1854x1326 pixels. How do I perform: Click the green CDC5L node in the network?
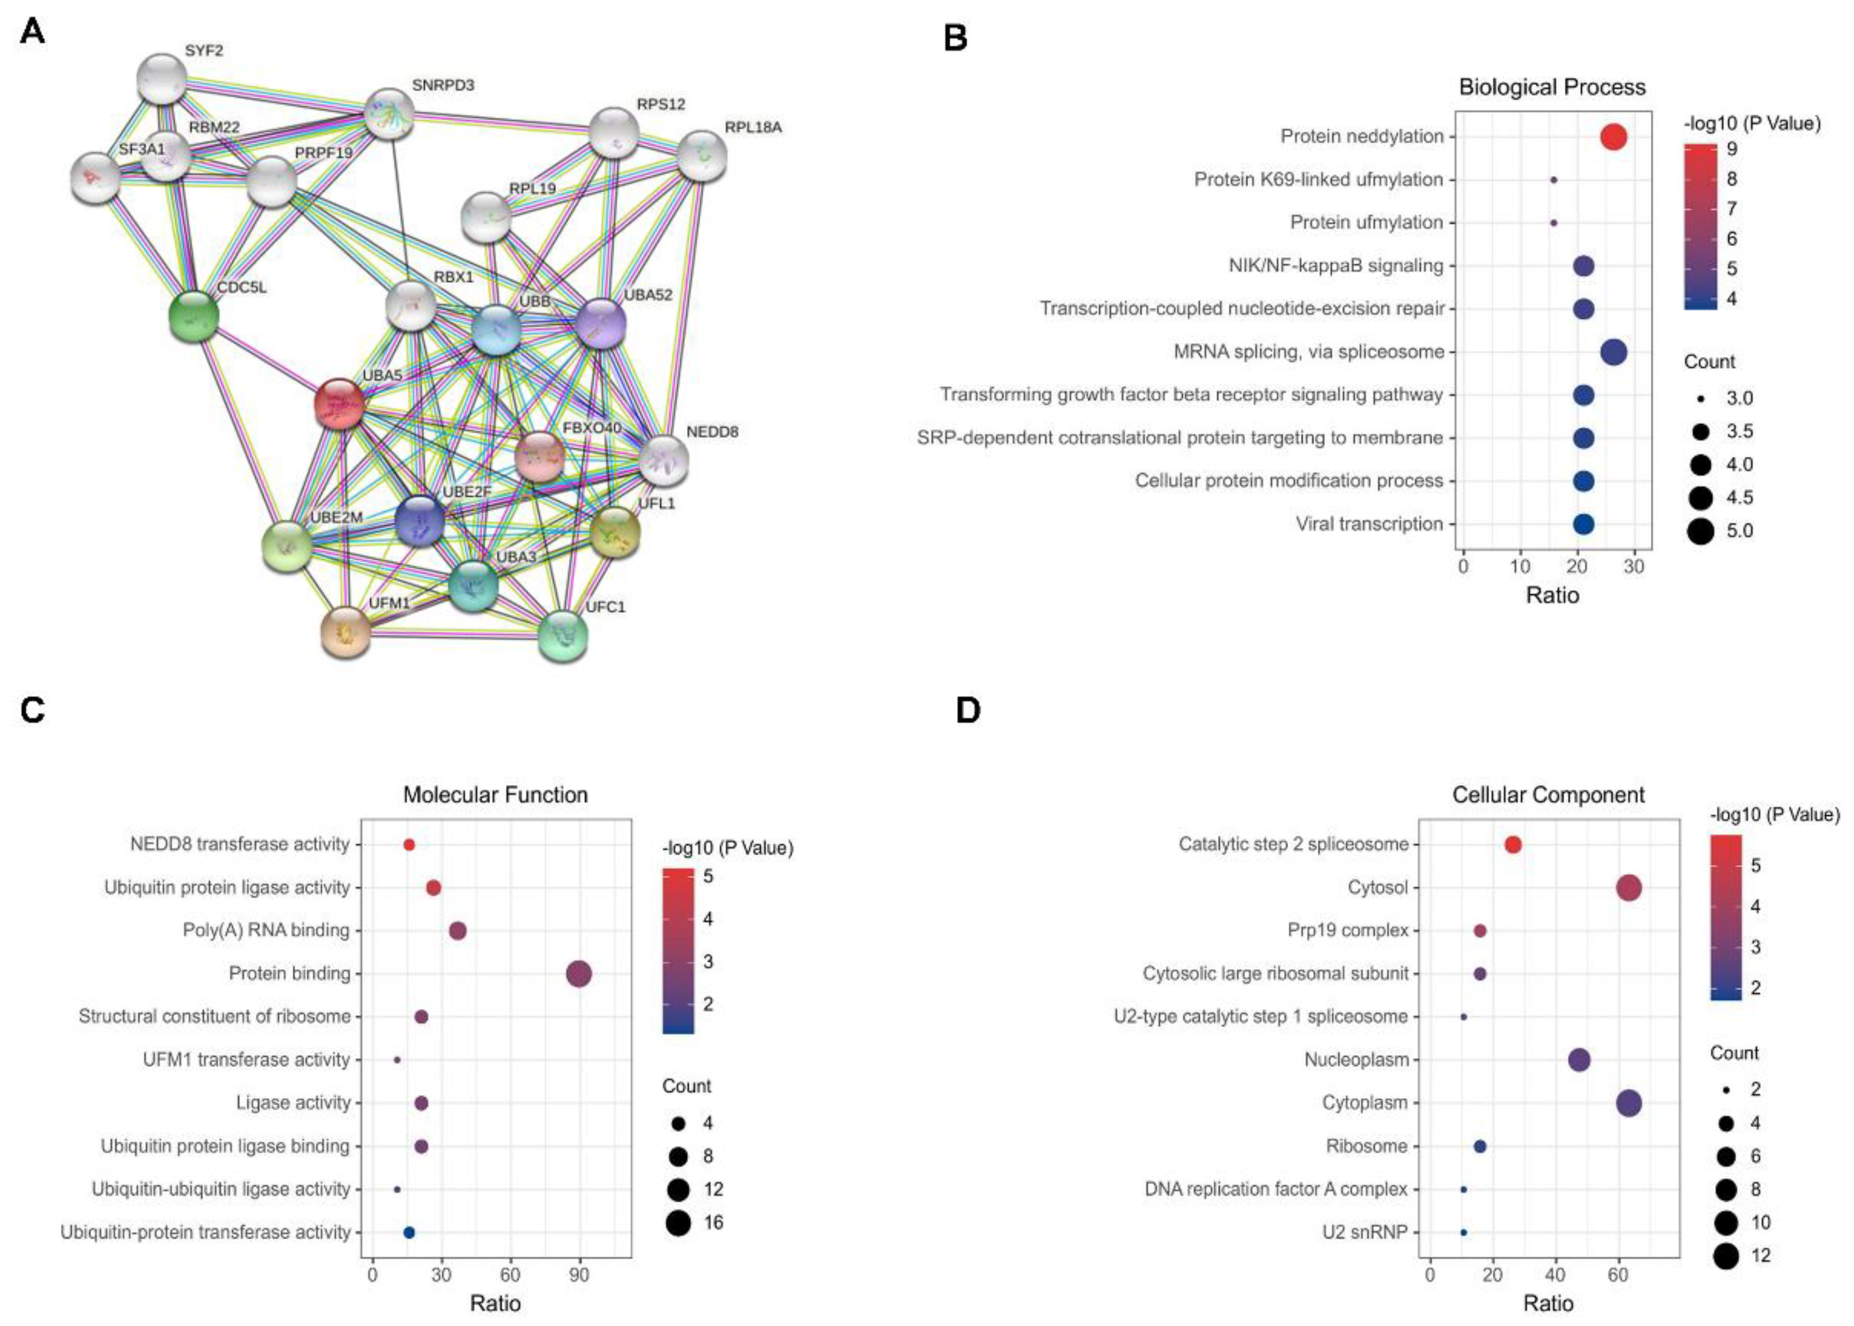point(193,317)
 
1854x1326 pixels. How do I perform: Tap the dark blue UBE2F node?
point(420,520)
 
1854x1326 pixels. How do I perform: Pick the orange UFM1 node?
point(346,632)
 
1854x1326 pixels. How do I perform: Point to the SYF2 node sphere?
point(163,79)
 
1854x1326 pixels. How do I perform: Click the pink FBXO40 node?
point(540,456)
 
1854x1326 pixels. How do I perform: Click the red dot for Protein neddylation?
point(1613,136)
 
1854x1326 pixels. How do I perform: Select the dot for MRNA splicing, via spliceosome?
point(1613,352)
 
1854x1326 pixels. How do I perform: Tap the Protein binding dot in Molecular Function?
point(579,973)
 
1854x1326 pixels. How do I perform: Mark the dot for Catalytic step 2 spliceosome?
point(1513,844)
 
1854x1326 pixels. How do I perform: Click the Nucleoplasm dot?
point(1579,1060)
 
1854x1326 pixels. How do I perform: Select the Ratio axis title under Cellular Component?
point(1548,1303)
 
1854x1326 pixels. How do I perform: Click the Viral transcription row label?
point(1369,524)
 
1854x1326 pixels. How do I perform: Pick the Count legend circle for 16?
point(678,1222)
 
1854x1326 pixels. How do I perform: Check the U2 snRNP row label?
point(1365,1232)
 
